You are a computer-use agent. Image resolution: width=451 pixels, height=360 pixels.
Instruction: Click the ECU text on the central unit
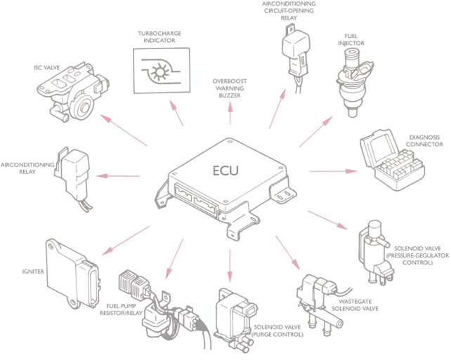[x=225, y=171]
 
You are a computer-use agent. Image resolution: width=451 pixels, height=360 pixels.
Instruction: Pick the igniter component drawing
[x=70, y=270]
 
